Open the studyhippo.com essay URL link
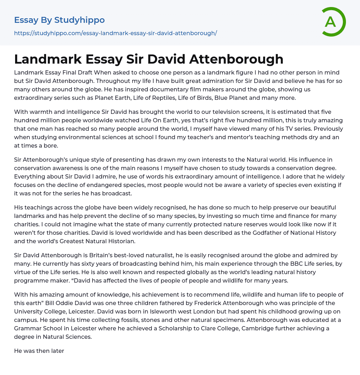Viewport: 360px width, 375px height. pyautogui.click(x=115, y=33)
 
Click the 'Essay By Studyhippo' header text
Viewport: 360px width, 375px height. pyautogui.click(x=59, y=20)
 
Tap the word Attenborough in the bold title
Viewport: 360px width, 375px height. pyautogui.click(x=236, y=59)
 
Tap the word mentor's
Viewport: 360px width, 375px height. pyautogui.click(x=216, y=137)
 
